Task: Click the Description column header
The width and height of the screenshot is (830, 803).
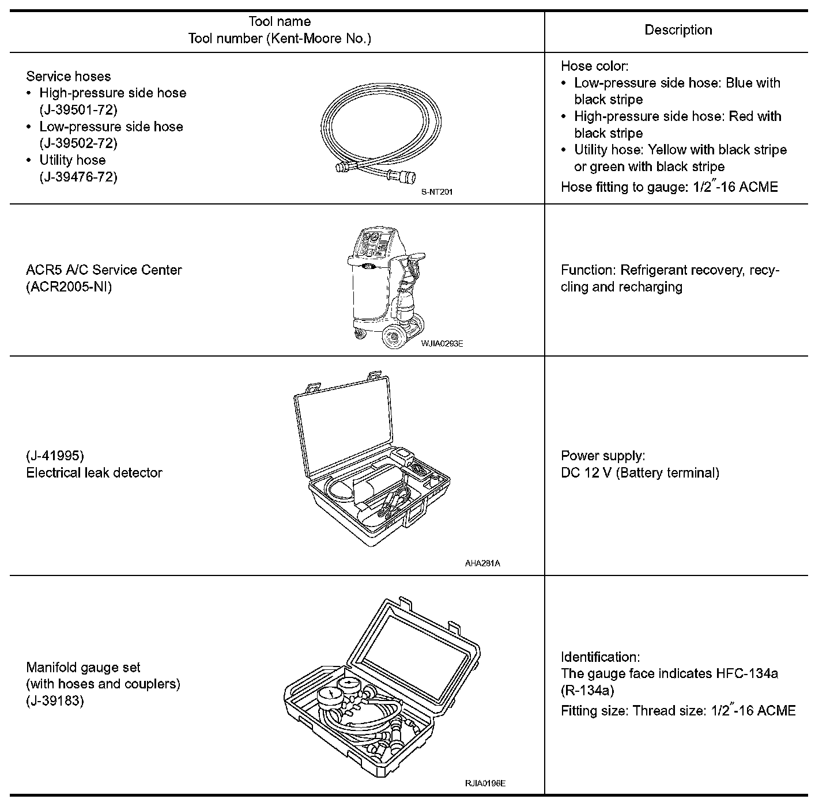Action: (678, 30)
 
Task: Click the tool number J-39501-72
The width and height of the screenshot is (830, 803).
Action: (78, 109)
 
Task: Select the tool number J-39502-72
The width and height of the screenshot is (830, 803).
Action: (78, 143)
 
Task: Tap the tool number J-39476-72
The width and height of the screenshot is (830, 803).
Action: (78, 177)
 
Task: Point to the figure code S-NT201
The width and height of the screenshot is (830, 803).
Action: (437, 192)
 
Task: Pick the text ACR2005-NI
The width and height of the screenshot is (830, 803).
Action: (69, 286)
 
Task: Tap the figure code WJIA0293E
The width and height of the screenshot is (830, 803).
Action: (442, 344)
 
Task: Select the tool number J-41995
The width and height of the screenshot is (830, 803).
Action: (55, 456)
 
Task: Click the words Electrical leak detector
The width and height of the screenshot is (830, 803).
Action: (95, 472)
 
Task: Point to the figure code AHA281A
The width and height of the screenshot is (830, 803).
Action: (482, 563)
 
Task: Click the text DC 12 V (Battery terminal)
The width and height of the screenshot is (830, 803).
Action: (640, 473)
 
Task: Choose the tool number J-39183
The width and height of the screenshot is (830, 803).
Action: (55, 701)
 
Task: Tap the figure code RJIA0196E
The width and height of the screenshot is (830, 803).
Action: (485, 783)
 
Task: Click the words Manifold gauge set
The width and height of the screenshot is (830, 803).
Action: (84, 667)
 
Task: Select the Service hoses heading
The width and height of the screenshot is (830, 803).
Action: (69, 76)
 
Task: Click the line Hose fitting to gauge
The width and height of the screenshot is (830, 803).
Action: (669, 187)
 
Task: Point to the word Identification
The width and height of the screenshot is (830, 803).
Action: (600, 657)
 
